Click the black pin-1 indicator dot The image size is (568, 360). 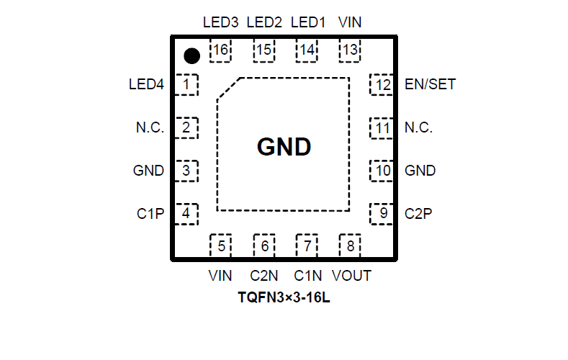191,55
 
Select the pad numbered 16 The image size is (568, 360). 220,50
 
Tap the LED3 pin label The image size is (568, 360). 220,22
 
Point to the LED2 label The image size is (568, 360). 264,22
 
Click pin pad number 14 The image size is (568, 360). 307,50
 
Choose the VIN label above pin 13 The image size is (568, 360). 350,22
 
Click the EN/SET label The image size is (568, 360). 430,85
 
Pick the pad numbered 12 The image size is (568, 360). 382,85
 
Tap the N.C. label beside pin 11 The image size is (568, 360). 418,128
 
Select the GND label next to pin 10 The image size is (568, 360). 420,171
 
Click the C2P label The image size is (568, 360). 418,214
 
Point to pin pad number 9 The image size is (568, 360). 382,214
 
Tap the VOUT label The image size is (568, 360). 351,276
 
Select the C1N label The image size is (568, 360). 308,276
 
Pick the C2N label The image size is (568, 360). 264,276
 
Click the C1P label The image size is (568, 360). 150,214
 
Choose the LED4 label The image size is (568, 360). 146,85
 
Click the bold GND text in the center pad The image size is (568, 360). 284,148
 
